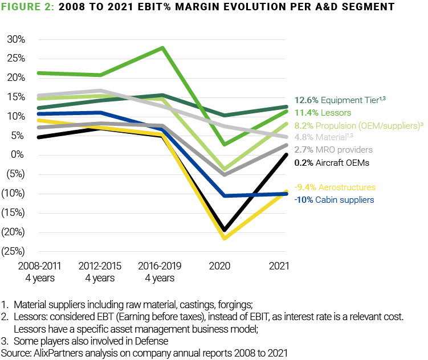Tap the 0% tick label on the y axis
point(18,155)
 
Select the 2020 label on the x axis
point(225,267)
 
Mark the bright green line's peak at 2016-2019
point(164,48)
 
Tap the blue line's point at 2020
point(225,195)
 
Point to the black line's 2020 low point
point(225,230)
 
